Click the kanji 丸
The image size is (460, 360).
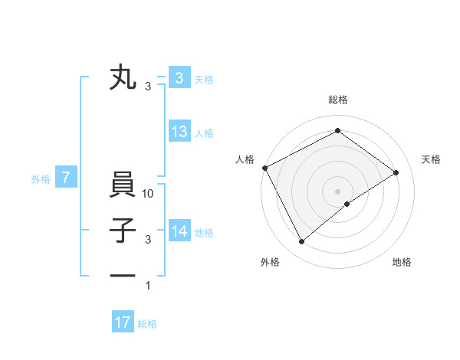coord(123,78)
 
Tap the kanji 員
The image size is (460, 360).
coord(123,186)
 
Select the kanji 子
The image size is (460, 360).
coord(123,231)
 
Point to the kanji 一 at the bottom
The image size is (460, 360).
coord(123,275)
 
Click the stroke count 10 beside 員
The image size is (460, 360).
coord(149,195)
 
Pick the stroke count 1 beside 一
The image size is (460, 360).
coord(149,286)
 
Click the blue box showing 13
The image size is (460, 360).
coord(179,132)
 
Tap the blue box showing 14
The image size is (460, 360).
coord(179,231)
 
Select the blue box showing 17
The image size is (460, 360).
coord(123,322)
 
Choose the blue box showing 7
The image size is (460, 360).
coord(66,178)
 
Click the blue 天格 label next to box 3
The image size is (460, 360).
coord(204,79)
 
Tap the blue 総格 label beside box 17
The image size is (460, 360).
coord(147,324)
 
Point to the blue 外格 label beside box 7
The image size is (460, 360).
coord(41,179)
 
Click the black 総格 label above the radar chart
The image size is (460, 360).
coord(337,100)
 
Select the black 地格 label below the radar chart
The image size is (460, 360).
coord(402,262)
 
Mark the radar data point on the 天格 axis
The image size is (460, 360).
coord(396,172)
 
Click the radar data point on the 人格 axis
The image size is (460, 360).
coord(264,168)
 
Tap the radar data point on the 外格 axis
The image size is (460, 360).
coord(302,242)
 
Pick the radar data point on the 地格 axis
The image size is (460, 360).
coord(347,203)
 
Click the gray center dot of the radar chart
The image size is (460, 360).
coord(337,191)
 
